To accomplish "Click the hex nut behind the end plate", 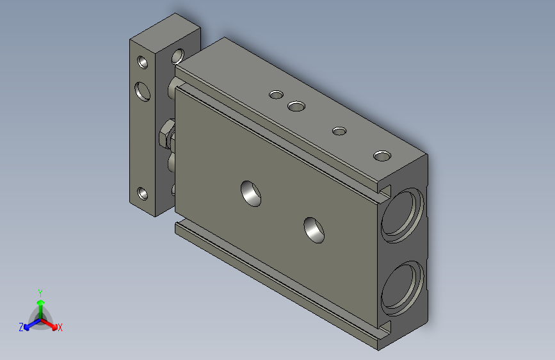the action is coord(166,134).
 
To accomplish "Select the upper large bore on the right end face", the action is coord(402,215).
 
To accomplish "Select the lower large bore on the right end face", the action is coord(402,288).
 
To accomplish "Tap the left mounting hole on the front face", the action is coord(250,193).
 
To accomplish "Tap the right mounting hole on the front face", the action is coord(314,230).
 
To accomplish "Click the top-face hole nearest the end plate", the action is coord(276,95).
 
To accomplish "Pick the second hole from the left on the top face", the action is coord(296,106).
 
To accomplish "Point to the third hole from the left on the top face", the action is coord(339,131).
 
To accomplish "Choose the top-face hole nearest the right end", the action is coord(382,156).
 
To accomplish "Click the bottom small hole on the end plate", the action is coord(143,193).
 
